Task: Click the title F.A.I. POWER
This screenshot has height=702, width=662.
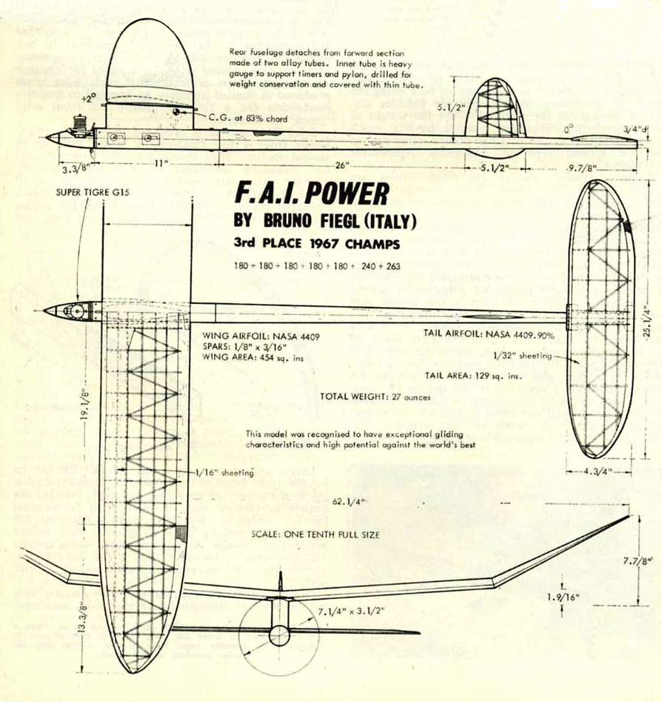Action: tap(311, 193)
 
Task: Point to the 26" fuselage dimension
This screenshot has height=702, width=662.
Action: tap(341, 165)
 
